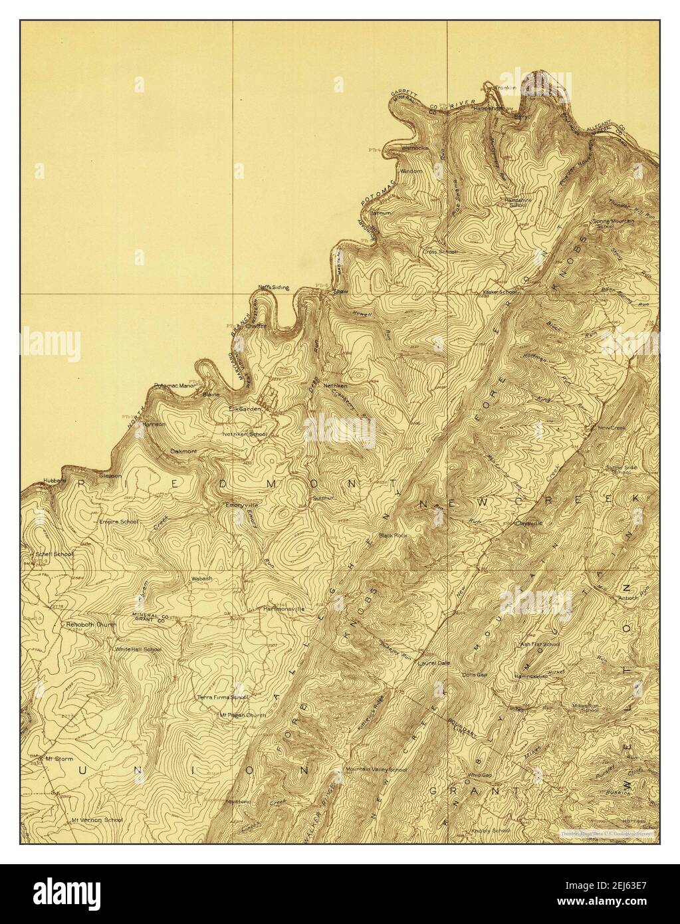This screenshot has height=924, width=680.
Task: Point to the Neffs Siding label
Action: pos(274,287)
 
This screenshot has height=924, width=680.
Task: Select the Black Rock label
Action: pos(392,534)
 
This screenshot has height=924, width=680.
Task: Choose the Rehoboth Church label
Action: pos(91,625)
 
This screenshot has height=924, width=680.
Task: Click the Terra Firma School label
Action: pos(222,697)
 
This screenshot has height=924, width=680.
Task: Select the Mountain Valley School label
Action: pos(376,770)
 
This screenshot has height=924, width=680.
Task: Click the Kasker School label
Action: pos(501,292)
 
